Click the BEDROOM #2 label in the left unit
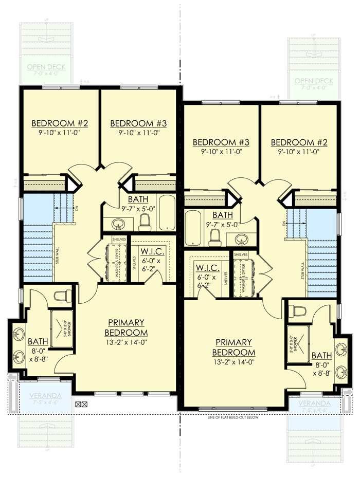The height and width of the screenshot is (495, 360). tap(60, 123)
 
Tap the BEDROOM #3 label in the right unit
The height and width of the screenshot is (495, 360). tap(221, 142)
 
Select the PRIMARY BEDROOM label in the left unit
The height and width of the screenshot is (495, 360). tap(125, 327)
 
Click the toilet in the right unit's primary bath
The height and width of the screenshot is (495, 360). tap(298, 310)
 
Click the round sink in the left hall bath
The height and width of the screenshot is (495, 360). tap(119, 224)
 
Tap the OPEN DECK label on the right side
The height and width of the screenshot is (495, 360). tap(314, 81)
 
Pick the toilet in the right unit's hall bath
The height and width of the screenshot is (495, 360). tap(215, 237)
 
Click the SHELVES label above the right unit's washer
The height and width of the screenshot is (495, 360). tap(241, 254)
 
